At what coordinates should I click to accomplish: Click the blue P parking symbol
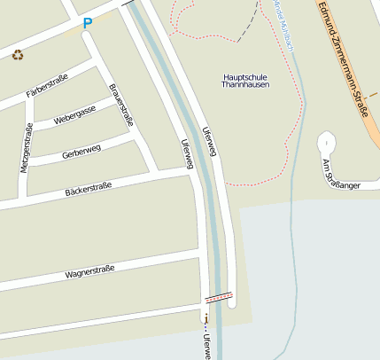point(87,24)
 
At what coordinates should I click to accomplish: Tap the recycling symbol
point(18,55)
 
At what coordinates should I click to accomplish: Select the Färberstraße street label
point(47,87)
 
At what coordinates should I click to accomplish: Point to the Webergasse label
point(74,115)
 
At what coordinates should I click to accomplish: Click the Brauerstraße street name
point(120,105)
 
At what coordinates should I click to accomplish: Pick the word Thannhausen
point(245,88)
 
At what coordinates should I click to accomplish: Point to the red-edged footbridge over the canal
point(219,298)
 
